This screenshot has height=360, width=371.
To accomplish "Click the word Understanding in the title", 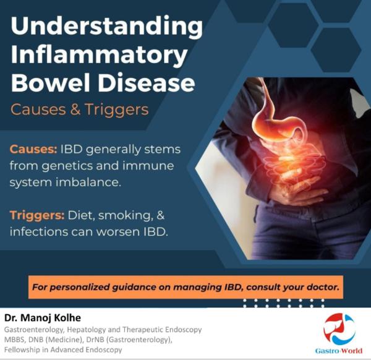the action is (x=107, y=27).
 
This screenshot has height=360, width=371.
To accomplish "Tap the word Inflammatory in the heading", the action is (x=99, y=56).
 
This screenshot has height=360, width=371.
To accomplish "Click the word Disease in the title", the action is (x=147, y=83).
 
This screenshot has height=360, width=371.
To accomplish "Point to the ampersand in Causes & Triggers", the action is (x=75, y=109).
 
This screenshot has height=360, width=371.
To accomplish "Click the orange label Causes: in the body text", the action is (x=33, y=149).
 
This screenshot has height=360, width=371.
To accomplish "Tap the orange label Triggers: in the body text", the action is (x=37, y=216).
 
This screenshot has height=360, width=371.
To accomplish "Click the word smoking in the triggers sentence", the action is (x=124, y=216).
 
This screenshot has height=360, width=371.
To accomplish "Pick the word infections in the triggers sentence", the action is (x=39, y=232).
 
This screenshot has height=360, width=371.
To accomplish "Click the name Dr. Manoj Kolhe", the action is (x=43, y=318).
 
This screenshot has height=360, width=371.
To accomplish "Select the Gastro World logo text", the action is (x=338, y=351).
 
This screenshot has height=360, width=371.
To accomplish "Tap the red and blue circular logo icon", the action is (x=339, y=328).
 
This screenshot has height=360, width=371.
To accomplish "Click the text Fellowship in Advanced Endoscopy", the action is (x=63, y=349).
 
